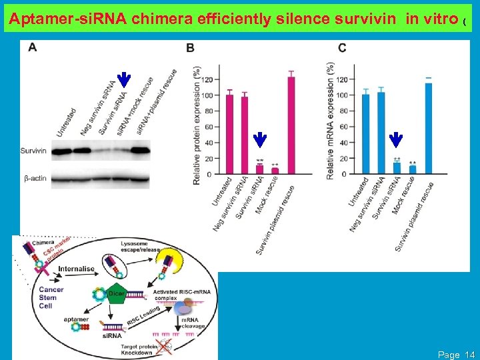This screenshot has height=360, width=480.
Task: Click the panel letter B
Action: point(190,49)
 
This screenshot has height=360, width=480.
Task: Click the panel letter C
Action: point(342,48)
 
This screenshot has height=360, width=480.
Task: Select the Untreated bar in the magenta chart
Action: point(229,134)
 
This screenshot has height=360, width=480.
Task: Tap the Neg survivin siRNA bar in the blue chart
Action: point(381,133)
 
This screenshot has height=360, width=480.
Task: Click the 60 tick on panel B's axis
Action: point(209,127)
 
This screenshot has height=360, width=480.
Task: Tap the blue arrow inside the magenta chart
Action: point(260,139)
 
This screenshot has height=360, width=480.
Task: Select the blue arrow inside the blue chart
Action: point(396,139)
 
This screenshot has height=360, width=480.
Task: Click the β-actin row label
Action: point(33,178)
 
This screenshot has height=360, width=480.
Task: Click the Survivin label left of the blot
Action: point(33,151)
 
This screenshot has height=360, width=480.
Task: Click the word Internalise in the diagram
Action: point(77,269)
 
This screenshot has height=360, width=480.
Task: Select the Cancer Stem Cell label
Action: point(51,297)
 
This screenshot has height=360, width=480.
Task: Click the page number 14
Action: point(469,355)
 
